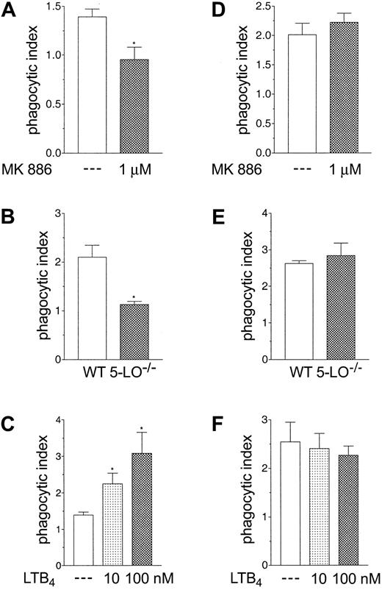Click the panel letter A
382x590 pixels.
pos(10,10)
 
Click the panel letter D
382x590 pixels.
pos(203,10)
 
